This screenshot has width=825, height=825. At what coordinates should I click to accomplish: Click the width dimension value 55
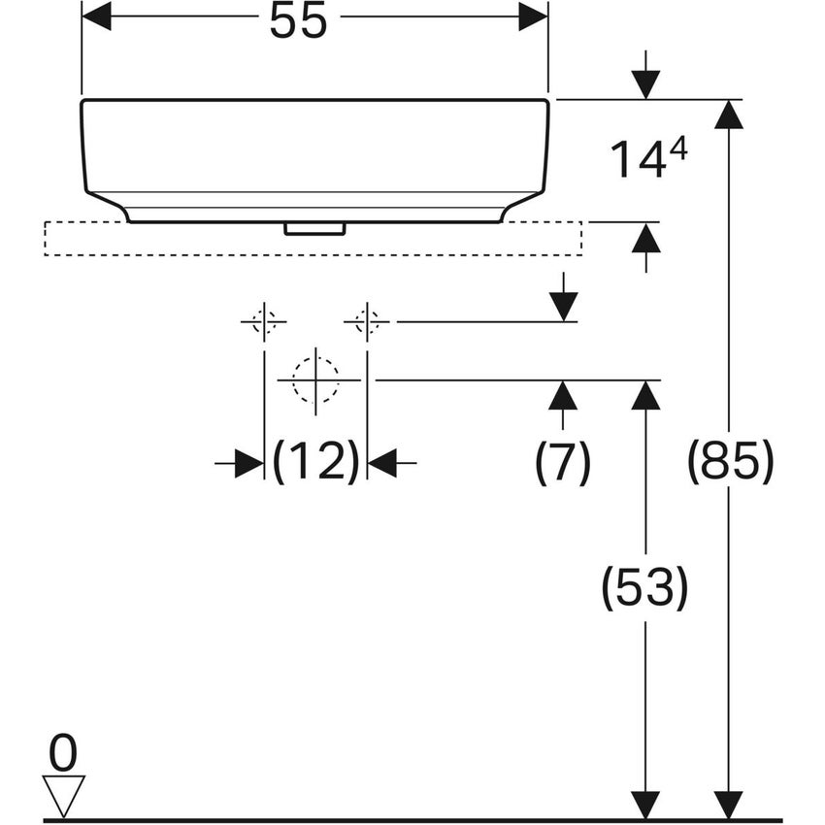pyautogui.click(x=299, y=21)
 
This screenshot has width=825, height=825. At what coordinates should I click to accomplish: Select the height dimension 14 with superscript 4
pyautogui.click(x=648, y=159)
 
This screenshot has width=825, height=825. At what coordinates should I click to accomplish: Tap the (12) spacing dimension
pyautogui.click(x=315, y=462)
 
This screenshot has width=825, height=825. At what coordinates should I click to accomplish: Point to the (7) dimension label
pyautogui.click(x=563, y=463)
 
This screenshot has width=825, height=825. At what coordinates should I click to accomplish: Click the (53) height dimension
pyautogui.click(x=644, y=588)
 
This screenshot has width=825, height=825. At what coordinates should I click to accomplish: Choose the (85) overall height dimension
pyautogui.click(x=730, y=462)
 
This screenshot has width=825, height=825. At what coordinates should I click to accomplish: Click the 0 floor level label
pyautogui.click(x=63, y=754)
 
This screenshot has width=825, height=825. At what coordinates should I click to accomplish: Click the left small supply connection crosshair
pyautogui.click(x=264, y=320)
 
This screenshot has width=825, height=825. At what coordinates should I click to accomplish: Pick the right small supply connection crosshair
pyautogui.click(x=367, y=320)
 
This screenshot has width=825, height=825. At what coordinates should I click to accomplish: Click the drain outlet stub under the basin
pyautogui.click(x=314, y=228)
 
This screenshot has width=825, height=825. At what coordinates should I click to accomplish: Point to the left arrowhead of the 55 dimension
pyautogui.click(x=97, y=16)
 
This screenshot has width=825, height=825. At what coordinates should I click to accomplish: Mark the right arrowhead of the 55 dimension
pyautogui.click(x=533, y=16)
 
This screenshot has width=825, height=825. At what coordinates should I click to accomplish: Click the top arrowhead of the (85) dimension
pyautogui.click(x=729, y=115)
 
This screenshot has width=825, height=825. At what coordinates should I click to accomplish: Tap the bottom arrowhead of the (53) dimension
pyautogui.click(x=644, y=805)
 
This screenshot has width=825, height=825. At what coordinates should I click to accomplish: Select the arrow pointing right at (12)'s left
pyautogui.click(x=247, y=464)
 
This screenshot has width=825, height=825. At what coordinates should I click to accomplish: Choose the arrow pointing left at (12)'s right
pyautogui.click(x=383, y=464)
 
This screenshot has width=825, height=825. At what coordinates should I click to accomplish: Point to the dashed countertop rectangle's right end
pyautogui.click(x=580, y=239)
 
